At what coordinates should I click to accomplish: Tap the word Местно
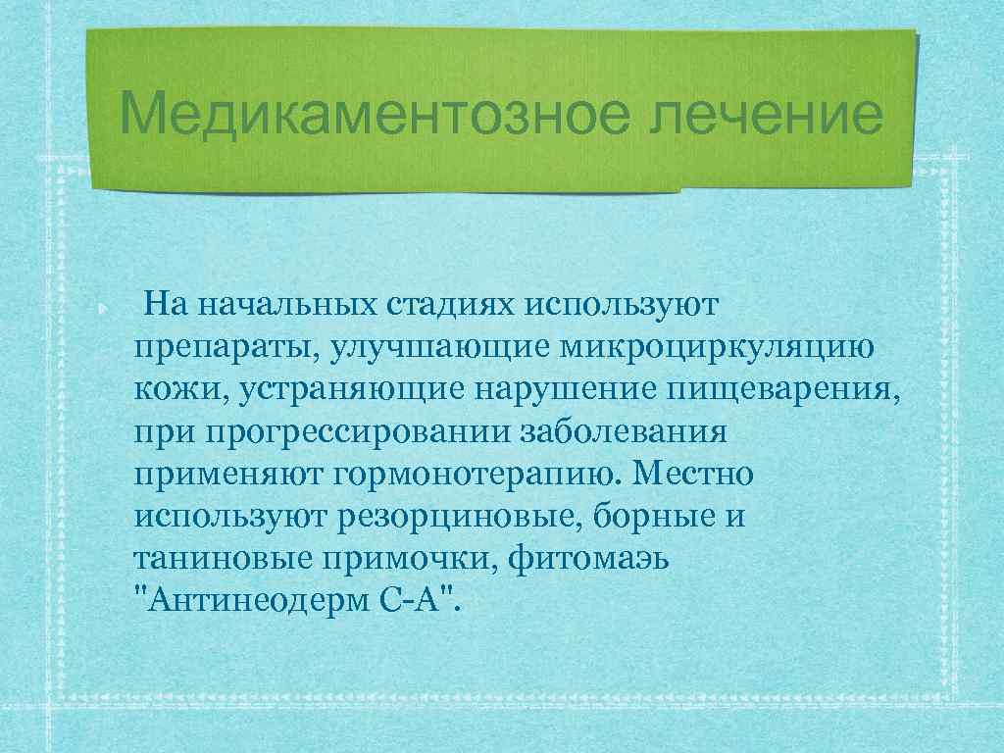[x=692, y=476]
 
